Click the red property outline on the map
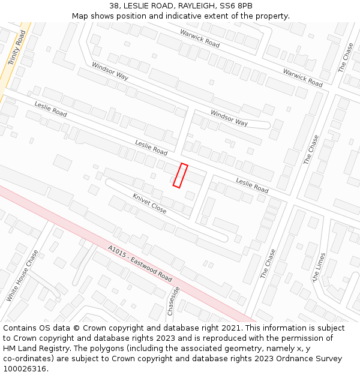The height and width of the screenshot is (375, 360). coord(181,175)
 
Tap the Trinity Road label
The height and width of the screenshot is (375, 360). coord(17,49)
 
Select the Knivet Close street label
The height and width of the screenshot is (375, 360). coord(149,203)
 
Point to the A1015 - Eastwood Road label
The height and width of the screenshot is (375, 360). coord(140,263)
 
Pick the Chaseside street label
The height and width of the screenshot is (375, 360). coord(173,301)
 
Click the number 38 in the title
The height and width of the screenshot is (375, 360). coord(115,6)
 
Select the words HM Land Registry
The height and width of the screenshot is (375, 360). coord(37,349)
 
